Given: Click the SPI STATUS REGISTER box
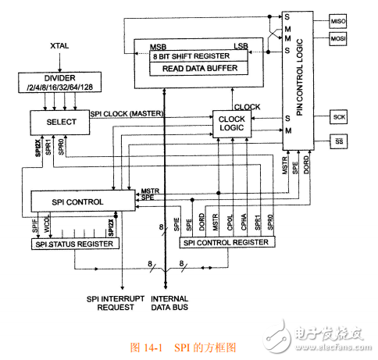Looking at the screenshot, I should (x=76, y=244).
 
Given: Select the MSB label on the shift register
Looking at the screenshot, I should (x=158, y=48).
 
